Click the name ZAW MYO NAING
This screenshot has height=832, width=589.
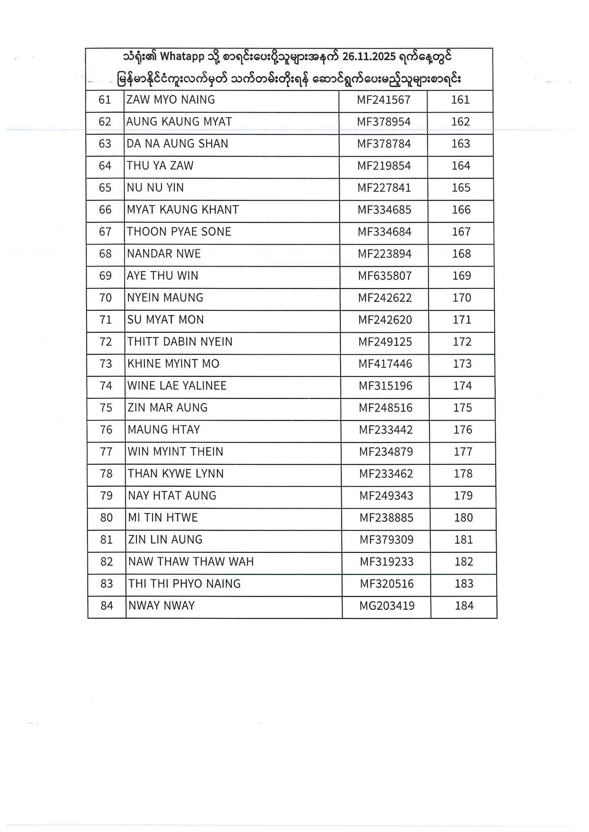click(171, 100)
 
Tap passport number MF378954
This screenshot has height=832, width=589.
click(384, 122)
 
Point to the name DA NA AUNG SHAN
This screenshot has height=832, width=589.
click(177, 144)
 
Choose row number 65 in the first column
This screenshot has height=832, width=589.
click(105, 188)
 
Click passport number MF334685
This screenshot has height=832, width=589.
click(384, 210)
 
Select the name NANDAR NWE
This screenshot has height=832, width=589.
click(164, 254)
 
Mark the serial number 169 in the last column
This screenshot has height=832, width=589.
click(462, 276)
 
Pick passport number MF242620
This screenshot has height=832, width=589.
click(385, 320)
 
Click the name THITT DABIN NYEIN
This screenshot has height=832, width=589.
click(180, 342)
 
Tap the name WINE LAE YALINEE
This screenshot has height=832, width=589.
click(177, 386)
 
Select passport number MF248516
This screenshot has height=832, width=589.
click(386, 408)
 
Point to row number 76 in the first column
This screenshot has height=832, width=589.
click(106, 430)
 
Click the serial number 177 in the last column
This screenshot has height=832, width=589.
click(463, 452)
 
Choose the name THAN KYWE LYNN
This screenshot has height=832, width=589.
click(176, 474)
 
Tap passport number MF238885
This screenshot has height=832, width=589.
click(386, 518)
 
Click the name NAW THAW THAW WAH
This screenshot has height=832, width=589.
click(191, 562)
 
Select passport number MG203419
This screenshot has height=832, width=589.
click(387, 606)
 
